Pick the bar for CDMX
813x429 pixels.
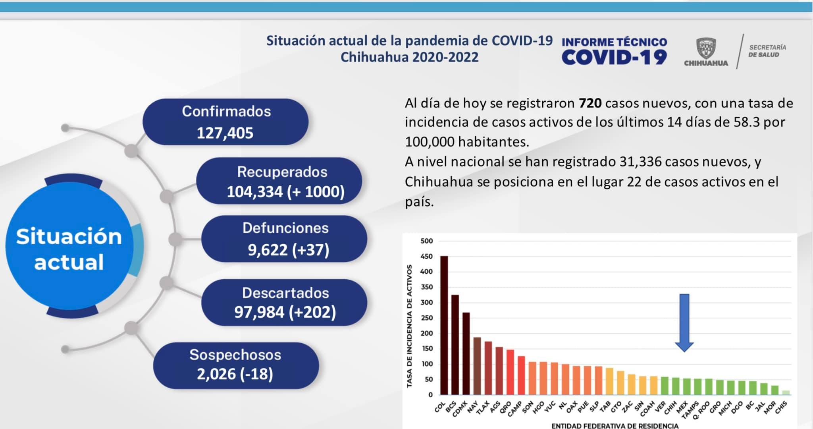click(x=466, y=354)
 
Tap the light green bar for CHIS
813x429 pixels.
click(x=786, y=392)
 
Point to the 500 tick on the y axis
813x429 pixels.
click(x=426, y=241)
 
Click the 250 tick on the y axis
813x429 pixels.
click(x=426, y=318)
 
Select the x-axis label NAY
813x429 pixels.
click(x=473, y=407)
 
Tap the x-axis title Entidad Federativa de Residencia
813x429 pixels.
click(x=615, y=426)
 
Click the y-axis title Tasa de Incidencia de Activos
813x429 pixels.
click(x=410, y=326)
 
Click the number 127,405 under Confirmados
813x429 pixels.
click(x=225, y=133)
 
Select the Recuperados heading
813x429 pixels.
click(x=282, y=172)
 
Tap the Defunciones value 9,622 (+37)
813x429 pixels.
click(x=289, y=250)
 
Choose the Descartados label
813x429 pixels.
click(x=285, y=293)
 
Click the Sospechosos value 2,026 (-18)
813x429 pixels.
click(x=235, y=374)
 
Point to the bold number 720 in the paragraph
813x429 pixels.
click(x=590, y=103)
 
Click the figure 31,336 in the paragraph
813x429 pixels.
click(x=640, y=162)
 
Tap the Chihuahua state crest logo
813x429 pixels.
click(x=706, y=49)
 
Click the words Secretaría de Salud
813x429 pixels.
click(x=767, y=51)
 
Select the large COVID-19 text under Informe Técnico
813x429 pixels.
click(x=614, y=58)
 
